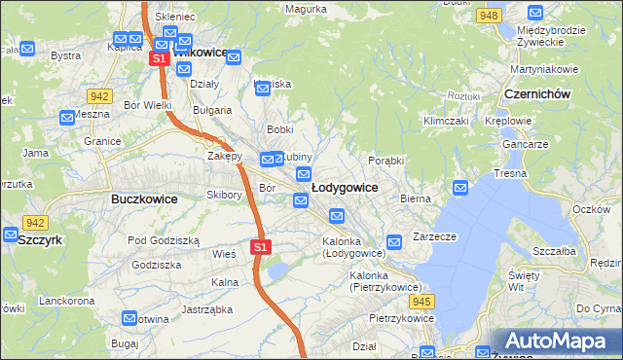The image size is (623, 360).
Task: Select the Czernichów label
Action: click(x=537, y=93)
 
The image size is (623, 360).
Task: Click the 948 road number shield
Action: click(x=490, y=16)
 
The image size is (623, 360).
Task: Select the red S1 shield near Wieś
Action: click(x=260, y=247)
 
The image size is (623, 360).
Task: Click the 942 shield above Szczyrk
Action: click(x=36, y=223)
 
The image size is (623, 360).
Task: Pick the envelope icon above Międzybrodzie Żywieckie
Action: click(x=534, y=13)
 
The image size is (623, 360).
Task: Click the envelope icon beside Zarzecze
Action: click(x=394, y=241)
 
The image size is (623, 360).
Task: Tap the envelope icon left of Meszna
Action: click(x=67, y=119)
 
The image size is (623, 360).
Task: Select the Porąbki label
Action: click(x=386, y=160)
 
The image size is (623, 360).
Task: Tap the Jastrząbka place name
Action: click(x=206, y=309)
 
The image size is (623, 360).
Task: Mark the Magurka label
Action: click(x=306, y=9)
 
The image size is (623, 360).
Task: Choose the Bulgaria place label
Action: click(x=211, y=110)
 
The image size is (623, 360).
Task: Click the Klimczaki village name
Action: click(x=446, y=121)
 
